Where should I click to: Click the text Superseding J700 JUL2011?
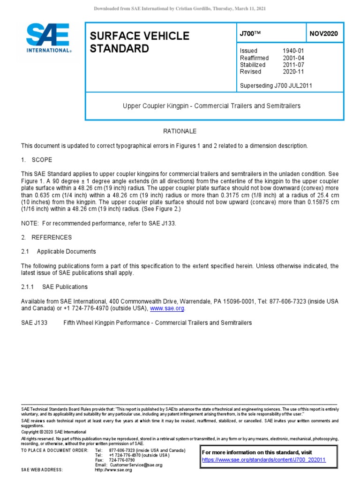coord(276,85)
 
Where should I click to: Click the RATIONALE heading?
coord(180,131)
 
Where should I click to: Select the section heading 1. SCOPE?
coord(37,160)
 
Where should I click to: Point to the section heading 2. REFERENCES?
coord(46,238)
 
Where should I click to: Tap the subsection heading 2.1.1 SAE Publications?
coord(54,287)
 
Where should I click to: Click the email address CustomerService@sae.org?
coord(136,465)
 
